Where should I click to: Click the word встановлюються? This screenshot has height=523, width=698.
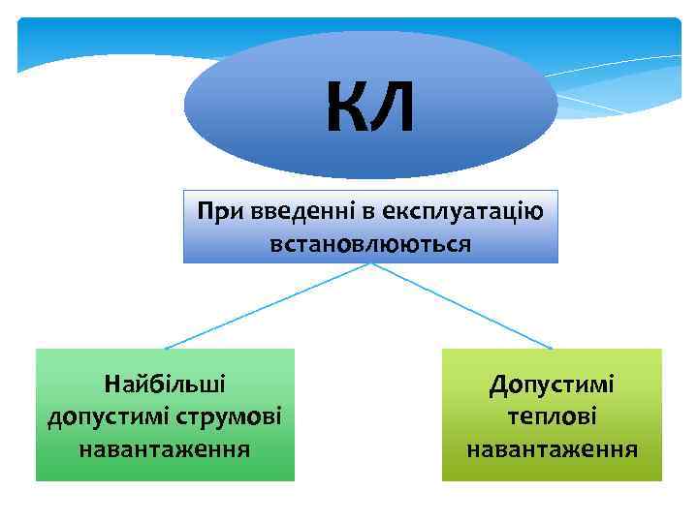(370, 242)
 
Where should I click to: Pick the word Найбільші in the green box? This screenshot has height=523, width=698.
(165, 384)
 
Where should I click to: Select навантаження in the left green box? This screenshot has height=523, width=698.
(165, 449)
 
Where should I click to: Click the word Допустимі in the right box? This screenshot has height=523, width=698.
(552, 384)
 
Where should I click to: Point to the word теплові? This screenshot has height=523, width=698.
(552, 416)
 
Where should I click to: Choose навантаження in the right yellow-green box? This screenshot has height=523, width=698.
(552, 449)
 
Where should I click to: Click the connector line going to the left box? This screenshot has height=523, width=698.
(267, 305)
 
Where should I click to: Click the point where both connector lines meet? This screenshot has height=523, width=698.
(371, 264)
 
